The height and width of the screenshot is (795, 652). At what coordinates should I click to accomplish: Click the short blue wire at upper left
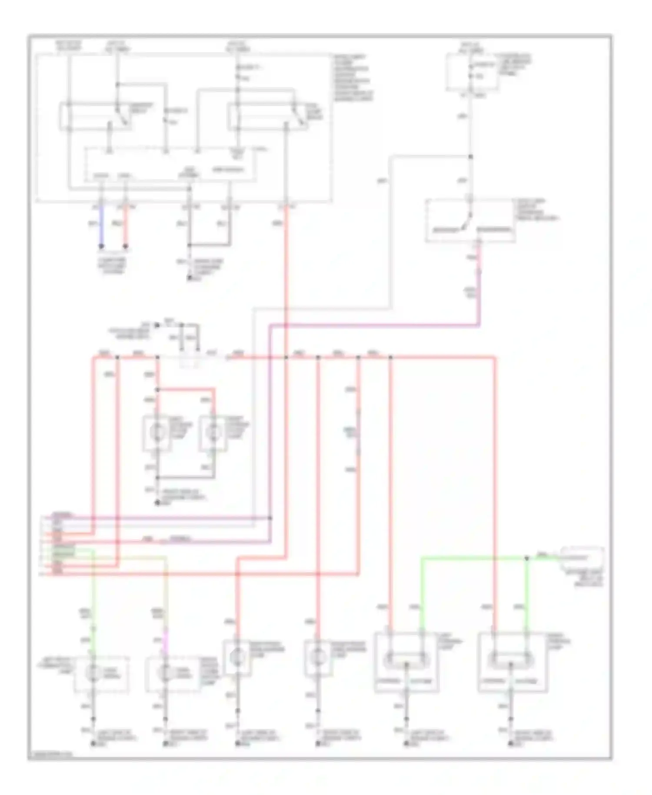tap(101, 226)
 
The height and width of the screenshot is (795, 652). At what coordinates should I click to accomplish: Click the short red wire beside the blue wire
tap(126, 226)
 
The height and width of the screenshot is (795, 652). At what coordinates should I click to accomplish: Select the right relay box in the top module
tap(275, 116)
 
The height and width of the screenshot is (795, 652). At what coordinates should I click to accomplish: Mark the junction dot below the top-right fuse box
tap(471, 157)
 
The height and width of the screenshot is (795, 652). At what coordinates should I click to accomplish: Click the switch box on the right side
tap(470, 220)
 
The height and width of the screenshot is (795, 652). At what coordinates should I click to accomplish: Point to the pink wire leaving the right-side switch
tap(479, 296)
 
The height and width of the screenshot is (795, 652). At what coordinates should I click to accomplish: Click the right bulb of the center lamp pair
tap(213, 432)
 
